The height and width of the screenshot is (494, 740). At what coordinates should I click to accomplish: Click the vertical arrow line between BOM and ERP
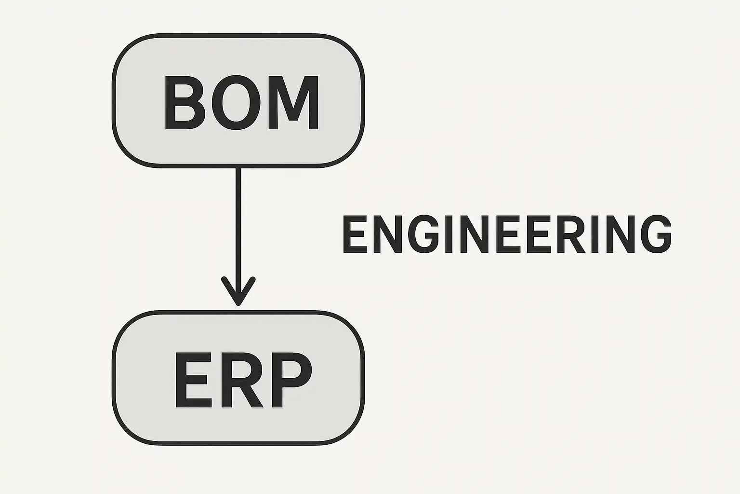click(x=238, y=222)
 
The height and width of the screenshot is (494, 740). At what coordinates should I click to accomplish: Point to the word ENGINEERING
click(x=506, y=234)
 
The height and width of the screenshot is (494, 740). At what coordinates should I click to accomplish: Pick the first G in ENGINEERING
click(x=422, y=234)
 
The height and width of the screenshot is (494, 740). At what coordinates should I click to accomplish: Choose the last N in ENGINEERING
click(x=621, y=234)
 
